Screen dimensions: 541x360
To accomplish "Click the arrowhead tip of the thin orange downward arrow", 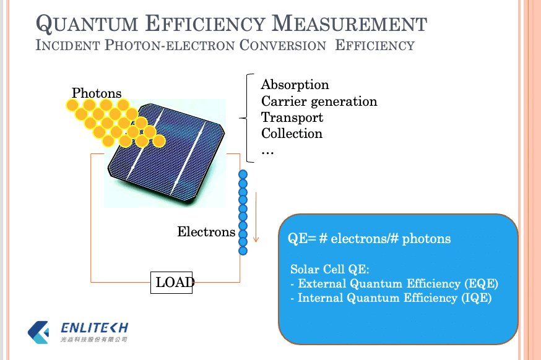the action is [x=256, y=242].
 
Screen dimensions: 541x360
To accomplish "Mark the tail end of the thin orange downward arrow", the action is [x=256, y=192].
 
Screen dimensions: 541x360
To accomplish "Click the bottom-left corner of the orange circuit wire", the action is [x=91, y=282].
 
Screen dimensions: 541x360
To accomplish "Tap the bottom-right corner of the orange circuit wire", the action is [x=240, y=282].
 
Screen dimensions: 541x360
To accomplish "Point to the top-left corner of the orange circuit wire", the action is [x=91, y=154].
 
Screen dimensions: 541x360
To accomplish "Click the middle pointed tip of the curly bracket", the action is [x=240, y=118].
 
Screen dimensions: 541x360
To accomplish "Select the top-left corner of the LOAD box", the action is [x=151, y=272].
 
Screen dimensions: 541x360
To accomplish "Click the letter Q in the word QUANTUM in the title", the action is [x=44, y=24].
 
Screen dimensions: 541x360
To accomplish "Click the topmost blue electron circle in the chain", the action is [x=243, y=174].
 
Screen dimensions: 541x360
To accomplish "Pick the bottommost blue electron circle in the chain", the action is [x=243, y=251].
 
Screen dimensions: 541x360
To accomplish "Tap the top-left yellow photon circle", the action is [x=72, y=105].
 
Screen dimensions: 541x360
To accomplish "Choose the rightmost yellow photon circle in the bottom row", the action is [x=158, y=141].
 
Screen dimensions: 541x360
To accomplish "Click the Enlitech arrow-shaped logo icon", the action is [x=38, y=332].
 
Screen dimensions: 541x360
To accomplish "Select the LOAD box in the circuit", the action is [x=171, y=283].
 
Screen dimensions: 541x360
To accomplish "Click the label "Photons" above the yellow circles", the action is [x=97, y=93].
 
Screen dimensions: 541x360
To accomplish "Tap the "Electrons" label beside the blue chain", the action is [x=206, y=232].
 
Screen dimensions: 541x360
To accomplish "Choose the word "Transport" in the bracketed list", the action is [x=292, y=118].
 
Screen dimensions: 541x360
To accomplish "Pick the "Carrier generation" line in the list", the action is [x=319, y=101].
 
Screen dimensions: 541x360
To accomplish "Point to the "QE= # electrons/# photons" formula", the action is [x=369, y=238].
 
